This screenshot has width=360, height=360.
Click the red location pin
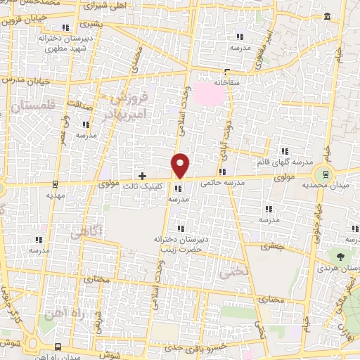coord(181,164)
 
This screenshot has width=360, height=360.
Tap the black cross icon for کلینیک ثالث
coord(142,175)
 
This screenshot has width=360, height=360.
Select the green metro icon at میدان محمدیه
coord(325,172)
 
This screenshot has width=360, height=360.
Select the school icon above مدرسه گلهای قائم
coord(285,151)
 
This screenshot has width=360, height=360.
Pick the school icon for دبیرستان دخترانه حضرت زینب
coord(181,229)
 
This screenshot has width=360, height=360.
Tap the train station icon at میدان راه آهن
coord(57,347)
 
